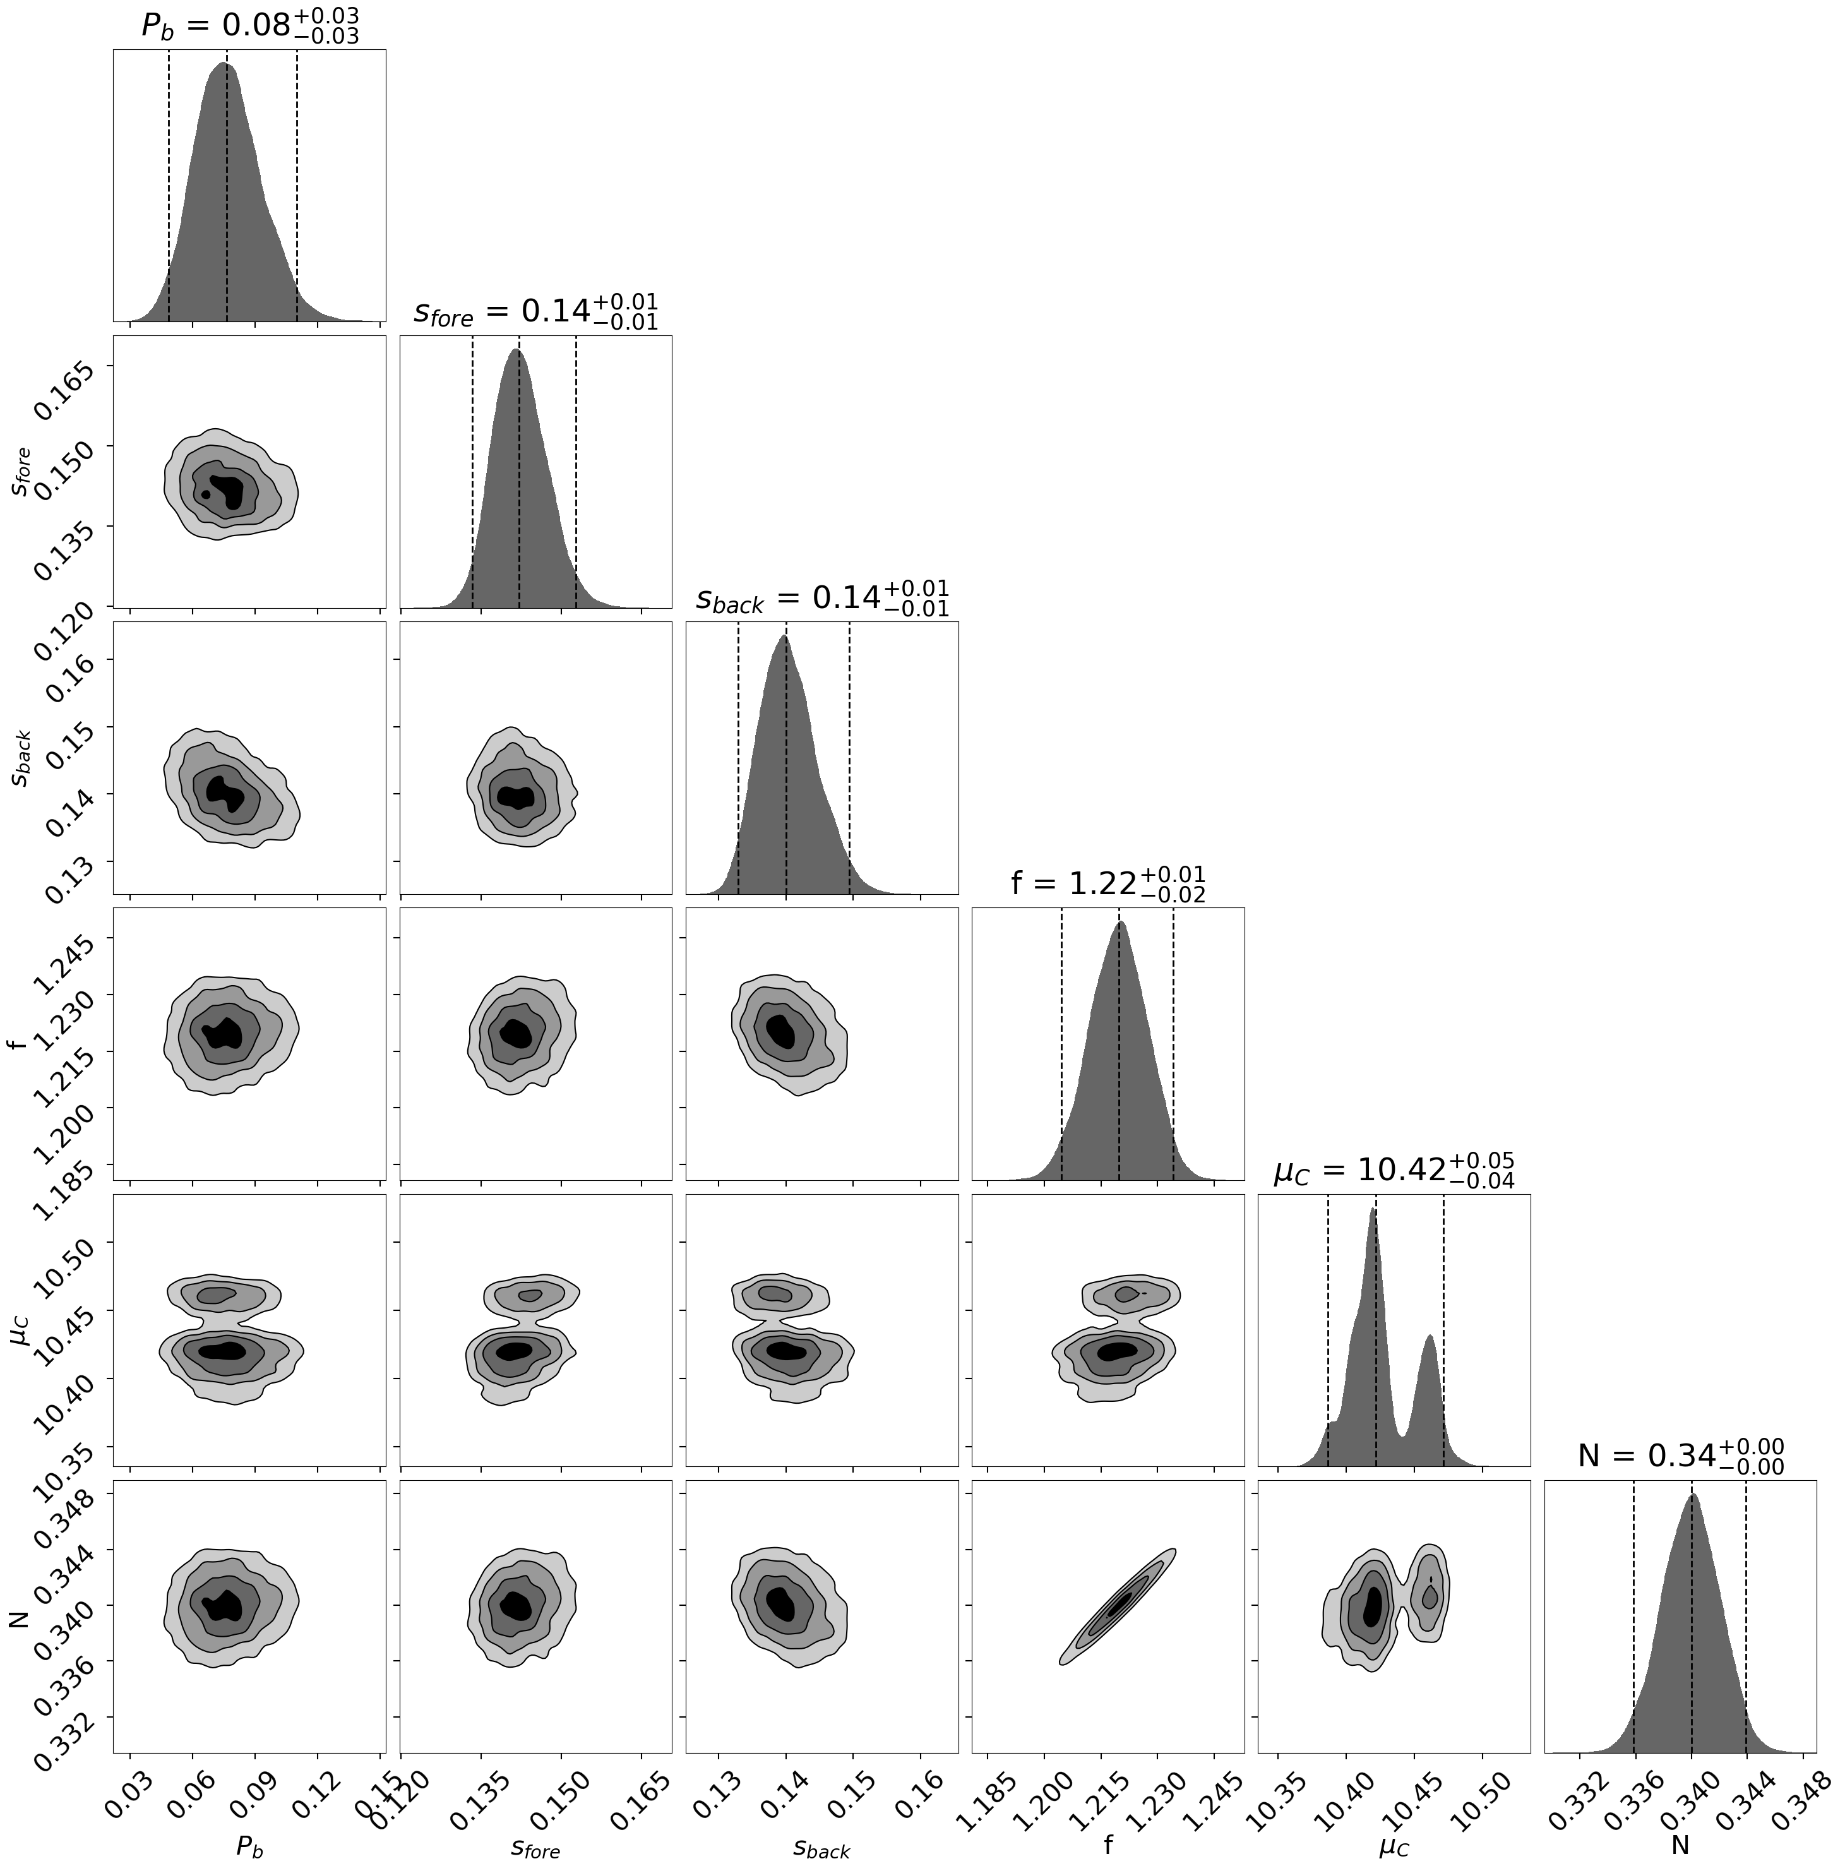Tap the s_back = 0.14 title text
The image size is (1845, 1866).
tap(822, 598)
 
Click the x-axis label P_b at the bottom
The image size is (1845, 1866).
tap(249, 1846)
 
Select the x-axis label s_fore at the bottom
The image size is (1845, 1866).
tap(535, 1846)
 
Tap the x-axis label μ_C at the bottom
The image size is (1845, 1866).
tap(1394, 1846)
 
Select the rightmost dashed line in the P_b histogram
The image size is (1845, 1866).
tap(297, 193)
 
